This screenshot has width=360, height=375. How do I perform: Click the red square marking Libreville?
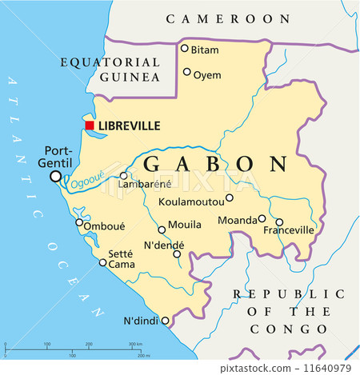(90, 126)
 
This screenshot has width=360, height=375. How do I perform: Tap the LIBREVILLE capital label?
(129, 126)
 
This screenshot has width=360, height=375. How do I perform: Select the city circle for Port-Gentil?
(55, 177)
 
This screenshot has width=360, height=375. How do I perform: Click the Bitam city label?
(205, 50)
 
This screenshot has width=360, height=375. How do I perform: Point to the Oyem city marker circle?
(187, 72)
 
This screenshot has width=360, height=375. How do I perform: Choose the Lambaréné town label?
(140, 185)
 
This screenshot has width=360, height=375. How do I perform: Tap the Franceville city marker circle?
(279, 222)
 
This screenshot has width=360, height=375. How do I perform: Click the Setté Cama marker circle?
(102, 262)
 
